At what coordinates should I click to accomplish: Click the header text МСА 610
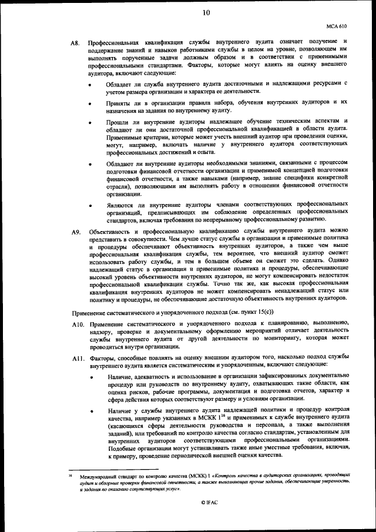pos(337,26)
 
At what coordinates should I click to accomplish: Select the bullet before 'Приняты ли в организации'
pos(89,103)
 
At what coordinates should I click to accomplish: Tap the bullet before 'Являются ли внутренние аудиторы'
pos(89,206)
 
